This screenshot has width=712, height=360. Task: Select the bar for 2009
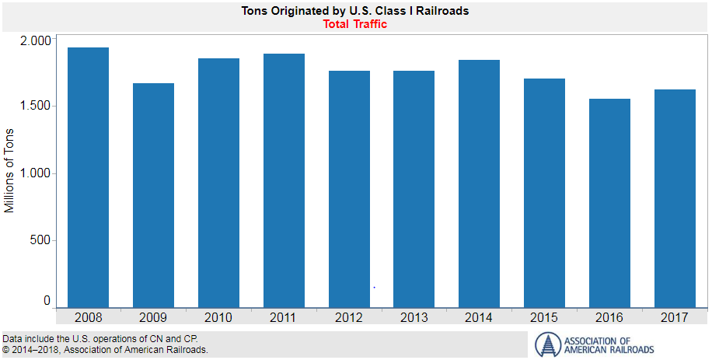pos(153,194)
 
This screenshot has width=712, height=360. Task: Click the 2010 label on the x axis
pos(218,317)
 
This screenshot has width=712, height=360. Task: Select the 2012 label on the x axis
pos(349,317)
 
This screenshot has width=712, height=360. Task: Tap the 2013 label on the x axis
pos(414,317)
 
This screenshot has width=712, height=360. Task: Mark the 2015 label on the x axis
pos(544,317)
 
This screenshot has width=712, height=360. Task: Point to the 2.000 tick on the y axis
pos(34,40)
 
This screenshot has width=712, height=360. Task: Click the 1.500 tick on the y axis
pos(34,106)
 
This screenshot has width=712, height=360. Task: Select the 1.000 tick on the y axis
pos(34,173)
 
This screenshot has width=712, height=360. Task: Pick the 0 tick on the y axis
pos(47,301)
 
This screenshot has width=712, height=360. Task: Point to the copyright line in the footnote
pos(106,350)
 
